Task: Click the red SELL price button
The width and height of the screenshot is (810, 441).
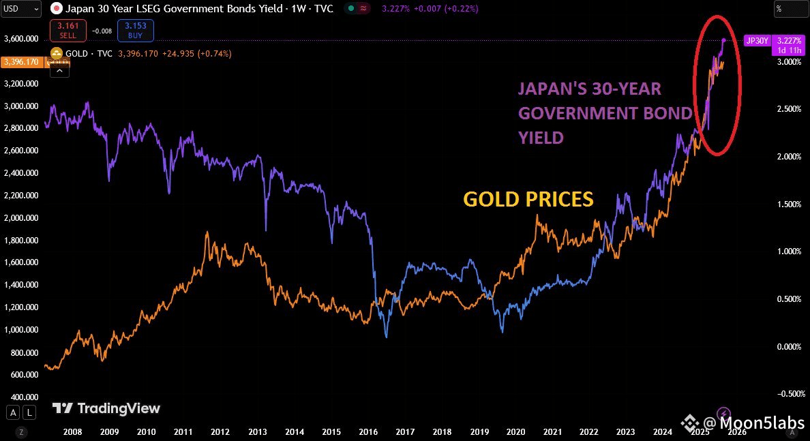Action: (67, 31)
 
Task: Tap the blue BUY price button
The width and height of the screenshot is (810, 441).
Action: (136, 31)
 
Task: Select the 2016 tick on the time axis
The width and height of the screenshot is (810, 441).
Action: (368, 431)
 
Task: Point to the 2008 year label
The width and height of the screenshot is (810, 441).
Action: (72, 431)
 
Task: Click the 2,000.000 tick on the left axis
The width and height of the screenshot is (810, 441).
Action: (20, 218)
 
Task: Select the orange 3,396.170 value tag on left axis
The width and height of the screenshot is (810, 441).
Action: (22, 62)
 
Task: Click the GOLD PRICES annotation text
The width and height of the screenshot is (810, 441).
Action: (528, 199)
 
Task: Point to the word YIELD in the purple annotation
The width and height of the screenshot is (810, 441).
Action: (541, 138)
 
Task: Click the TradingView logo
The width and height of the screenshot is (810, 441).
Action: (106, 408)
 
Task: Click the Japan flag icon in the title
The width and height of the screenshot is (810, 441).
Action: (57, 9)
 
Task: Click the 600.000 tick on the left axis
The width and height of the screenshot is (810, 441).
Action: (22, 375)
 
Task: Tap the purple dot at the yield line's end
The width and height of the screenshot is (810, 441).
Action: (723, 40)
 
